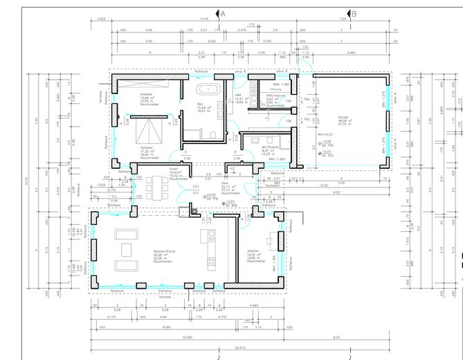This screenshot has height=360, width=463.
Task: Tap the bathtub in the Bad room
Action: [208, 89]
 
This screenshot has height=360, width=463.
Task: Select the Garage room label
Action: [343, 120]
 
